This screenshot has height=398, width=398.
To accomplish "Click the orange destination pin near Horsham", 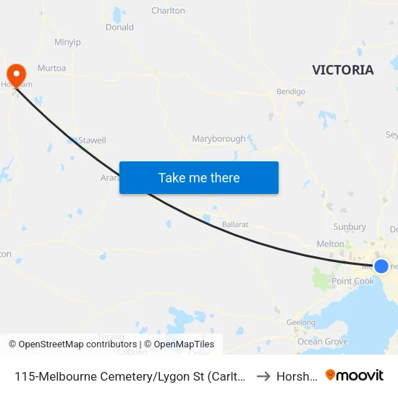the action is click(x=15, y=74).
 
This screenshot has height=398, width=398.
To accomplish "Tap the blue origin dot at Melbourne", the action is click(x=381, y=266).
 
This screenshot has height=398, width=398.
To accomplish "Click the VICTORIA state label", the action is click(x=343, y=70).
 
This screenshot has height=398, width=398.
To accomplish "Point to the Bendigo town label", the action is click(x=291, y=92).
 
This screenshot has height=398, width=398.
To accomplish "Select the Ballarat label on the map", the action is click(x=235, y=224).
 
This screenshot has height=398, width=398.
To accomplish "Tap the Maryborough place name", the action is click(x=219, y=138).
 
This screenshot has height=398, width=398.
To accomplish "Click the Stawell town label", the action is click(x=92, y=140).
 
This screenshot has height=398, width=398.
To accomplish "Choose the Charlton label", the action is click(x=168, y=11).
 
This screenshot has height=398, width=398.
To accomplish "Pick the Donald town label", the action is click(x=119, y=27).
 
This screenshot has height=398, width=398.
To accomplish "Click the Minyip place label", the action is click(x=67, y=42).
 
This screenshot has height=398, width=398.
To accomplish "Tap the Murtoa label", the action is click(x=51, y=68).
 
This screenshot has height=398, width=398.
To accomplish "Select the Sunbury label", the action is click(x=349, y=227).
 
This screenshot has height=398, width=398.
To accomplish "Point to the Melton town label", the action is click(x=330, y=245).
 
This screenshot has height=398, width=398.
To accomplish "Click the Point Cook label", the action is click(x=352, y=281).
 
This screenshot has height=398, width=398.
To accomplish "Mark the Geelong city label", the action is click(x=300, y=323).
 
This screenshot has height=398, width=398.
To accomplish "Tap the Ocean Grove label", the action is click(x=323, y=342).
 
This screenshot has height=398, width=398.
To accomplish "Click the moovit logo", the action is click(x=355, y=376).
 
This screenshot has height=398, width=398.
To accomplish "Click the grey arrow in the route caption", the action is click(x=263, y=376).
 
